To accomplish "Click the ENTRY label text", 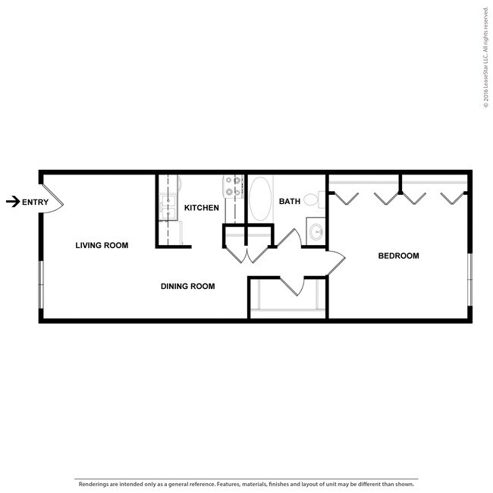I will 36,202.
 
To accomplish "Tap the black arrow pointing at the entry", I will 12,202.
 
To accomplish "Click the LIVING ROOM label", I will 102,245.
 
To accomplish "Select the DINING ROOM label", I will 187,286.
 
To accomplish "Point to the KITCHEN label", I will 202,207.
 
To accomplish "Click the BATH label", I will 290,201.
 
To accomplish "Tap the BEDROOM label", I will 398,256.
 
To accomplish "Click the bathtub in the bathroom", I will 260,199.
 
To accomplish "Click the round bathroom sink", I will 316,231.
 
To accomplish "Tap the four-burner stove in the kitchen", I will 233,187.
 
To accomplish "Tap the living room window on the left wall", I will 41,284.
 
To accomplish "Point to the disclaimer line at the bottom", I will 246,483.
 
